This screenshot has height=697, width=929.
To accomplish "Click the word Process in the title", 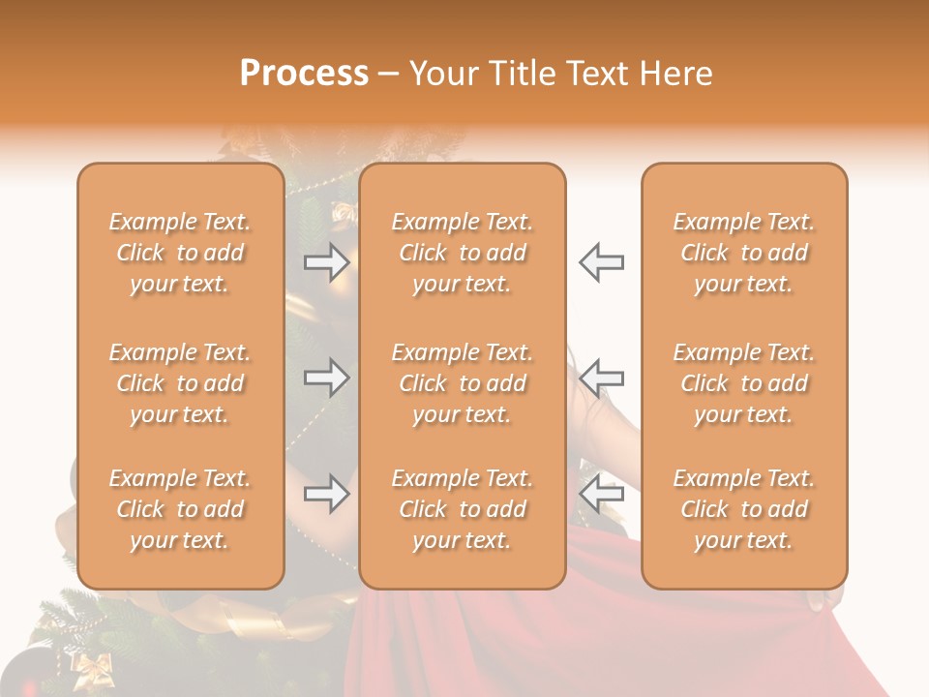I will [304, 74].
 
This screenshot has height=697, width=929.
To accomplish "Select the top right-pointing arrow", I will [326, 261].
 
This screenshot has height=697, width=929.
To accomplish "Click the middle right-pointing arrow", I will [326, 378].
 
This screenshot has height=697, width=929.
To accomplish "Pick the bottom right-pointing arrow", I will [326, 494].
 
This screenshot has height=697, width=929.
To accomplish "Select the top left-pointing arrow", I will [601, 261].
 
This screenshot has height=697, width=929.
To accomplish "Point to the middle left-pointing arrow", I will [601, 378].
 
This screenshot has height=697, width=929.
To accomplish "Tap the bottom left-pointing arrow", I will [601, 494].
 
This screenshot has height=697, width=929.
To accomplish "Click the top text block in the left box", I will [180, 253].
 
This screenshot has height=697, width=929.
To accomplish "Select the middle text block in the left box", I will [180, 383].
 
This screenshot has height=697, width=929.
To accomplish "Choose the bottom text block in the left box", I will [180, 509].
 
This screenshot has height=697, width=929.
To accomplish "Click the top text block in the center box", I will [463, 253].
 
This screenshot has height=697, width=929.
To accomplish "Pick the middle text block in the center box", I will [463, 383].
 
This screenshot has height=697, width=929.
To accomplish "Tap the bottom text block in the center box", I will [463, 509].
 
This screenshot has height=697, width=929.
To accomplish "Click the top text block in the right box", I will [744, 253].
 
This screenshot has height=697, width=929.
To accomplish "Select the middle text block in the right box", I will [744, 383].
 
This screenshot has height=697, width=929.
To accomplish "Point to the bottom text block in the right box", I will [744, 509].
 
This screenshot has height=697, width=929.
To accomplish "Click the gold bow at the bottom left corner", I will [94, 667].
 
